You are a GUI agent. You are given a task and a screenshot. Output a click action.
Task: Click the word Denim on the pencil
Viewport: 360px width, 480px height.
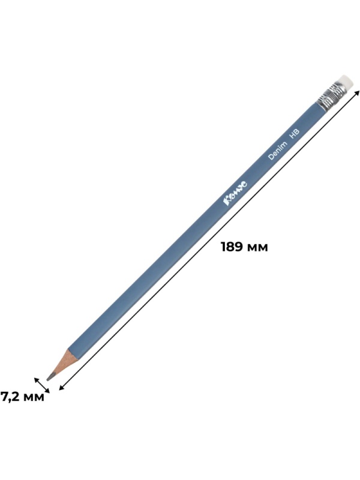pos(278,151)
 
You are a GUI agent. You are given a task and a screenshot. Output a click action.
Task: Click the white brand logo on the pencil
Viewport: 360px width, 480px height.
pos(236,193)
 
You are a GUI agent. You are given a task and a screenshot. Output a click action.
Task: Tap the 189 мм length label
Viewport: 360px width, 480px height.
pos(244,247)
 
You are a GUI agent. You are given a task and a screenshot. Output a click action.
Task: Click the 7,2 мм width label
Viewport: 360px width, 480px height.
pos(23,397)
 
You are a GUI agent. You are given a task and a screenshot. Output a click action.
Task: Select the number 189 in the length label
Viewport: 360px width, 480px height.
pos(232,247)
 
